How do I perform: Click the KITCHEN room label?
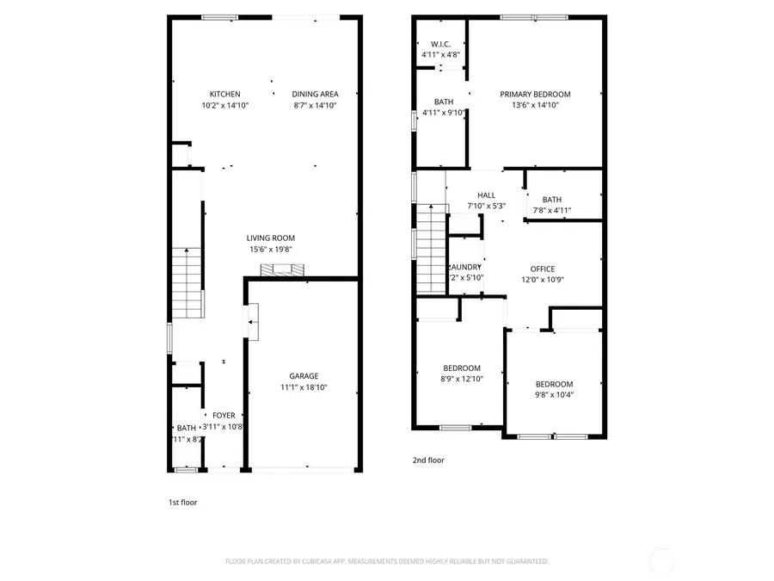(224, 94)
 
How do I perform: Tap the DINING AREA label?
(315, 94)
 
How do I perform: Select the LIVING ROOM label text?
(271, 238)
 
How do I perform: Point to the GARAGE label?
(304, 376)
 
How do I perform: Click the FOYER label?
(224, 416)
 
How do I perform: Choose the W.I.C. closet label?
(440, 44)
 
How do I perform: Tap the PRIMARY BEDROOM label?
(535, 95)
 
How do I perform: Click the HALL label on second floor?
(487, 195)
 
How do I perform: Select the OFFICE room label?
(542, 269)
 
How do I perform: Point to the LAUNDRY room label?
(465, 267)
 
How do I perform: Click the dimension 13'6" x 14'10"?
(535, 106)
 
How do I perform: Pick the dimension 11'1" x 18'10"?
(304, 387)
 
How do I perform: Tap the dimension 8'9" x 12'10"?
(462, 379)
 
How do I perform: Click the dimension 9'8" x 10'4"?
(554, 395)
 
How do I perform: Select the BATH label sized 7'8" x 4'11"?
(551, 200)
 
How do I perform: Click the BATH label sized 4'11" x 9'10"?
(443, 102)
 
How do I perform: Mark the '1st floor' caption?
(182, 502)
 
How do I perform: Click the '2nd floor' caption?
(428, 460)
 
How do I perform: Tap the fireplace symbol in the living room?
(283, 270)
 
